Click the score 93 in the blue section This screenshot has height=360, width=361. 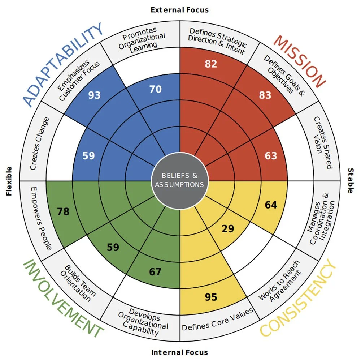(95, 95)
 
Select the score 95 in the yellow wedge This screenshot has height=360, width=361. (211, 297)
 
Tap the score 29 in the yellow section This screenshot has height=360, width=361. (228, 229)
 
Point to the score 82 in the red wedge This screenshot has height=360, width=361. (211, 64)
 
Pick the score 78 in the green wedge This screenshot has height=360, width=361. (63, 211)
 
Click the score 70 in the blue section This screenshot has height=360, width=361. (155, 89)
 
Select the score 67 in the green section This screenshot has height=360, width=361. (155, 272)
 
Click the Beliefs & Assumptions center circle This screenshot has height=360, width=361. (179, 180)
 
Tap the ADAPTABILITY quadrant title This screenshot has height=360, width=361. (64, 65)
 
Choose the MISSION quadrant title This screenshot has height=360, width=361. (299, 61)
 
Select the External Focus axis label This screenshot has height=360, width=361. (179, 10)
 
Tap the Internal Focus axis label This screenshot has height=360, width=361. (179, 352)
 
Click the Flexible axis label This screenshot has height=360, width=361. (9, 181)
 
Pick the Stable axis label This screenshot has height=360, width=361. (350, 181)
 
